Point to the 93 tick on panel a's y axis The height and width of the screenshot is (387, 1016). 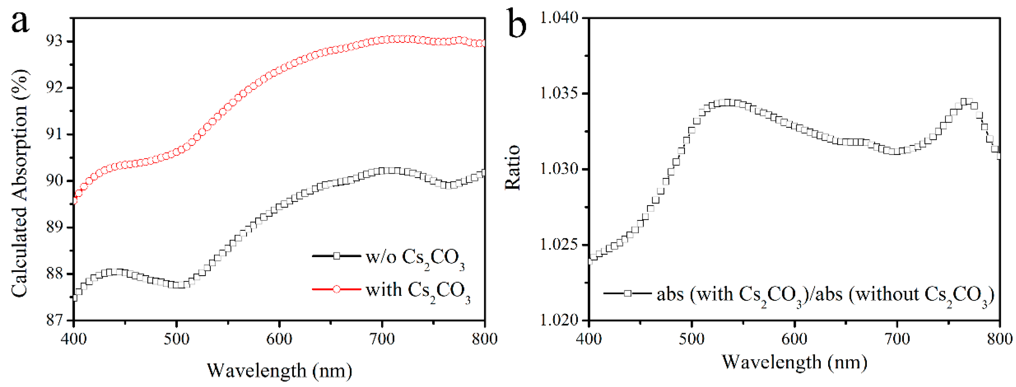(54, 41)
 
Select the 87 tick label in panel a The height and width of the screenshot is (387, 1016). (54, 320)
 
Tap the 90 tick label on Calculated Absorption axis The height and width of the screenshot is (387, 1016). (54, 181)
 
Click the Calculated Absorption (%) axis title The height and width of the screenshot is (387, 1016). (20, 183)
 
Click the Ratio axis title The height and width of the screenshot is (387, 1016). (513, 168)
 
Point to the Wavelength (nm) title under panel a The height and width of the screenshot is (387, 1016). (279, 370)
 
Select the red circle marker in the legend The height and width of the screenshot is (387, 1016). (336, 289)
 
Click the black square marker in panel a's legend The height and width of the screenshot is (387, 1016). (336, 256)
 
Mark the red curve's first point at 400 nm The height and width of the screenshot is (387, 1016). (74, 200)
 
